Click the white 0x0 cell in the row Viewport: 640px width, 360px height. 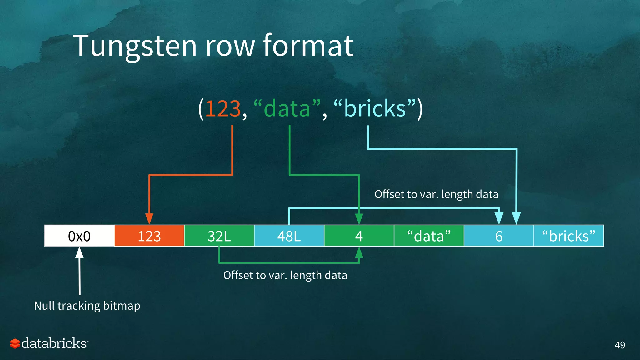(79, 236)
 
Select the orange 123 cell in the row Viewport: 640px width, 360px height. (149, 236)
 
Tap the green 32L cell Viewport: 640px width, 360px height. (219, 236)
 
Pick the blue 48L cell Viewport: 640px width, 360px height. (289, 236)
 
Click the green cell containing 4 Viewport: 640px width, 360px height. (359, 236)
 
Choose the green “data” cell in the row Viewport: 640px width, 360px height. (429, 236)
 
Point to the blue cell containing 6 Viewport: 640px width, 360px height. (499, 236)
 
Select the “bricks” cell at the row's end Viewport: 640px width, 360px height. (569, 236)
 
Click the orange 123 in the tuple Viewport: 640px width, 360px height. (223, 109)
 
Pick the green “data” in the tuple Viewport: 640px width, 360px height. (287, 109)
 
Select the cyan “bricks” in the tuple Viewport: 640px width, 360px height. (375, 109)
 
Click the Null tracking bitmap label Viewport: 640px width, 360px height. (87, 306)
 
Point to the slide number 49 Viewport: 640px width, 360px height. (620, 345)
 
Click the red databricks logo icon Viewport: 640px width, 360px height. (15, 343)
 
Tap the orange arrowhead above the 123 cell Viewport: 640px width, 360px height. (149, 218)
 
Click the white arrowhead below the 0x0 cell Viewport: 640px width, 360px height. (80, 252)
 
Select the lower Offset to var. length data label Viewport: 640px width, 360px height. (285, 275)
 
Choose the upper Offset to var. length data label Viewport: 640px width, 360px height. (436, 194)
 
